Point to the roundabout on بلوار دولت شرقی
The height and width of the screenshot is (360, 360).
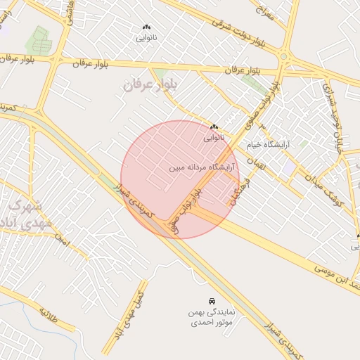click(x=284, y=57)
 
